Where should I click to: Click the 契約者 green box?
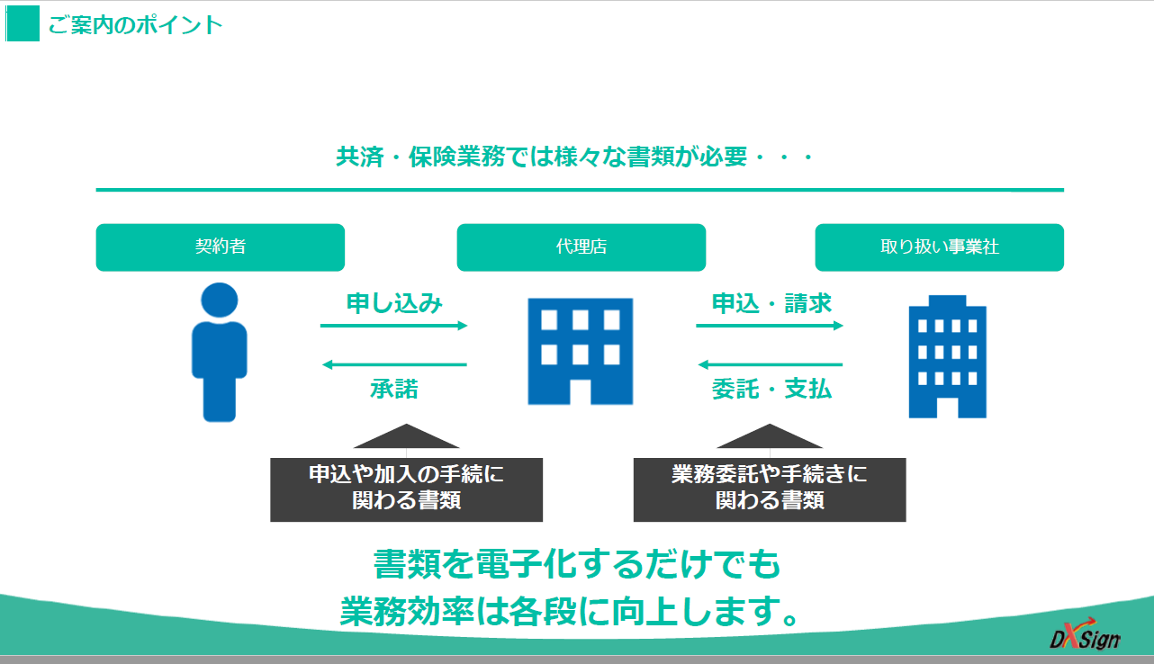(x=220, y=247)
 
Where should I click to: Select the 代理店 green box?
(x=582, y=247)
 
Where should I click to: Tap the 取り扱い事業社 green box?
(x=939, y=247)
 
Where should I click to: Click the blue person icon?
(x=220, y=353)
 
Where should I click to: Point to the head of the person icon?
(x=220, y=300)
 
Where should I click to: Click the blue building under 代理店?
(x=580, y=351)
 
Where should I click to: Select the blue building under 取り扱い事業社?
(x=947, y=356)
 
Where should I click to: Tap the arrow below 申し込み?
(x=393, y=326)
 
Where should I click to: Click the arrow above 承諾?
(x=394, y=364)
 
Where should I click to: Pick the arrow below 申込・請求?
(x=770, y=326)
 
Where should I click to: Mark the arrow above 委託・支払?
(x=771, y=364)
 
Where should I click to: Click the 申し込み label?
(x=394, y=303)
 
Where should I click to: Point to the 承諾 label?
(x=394, y=389)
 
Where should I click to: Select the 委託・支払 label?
(x=771, y=389)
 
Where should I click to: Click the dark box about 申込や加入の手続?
(x=407, y=489)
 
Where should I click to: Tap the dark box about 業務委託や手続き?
(x=770, y=489)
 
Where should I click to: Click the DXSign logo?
(x=1086, y=634)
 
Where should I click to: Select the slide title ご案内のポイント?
(x=135, y=24)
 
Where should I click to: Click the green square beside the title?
(x=23, y=23)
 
